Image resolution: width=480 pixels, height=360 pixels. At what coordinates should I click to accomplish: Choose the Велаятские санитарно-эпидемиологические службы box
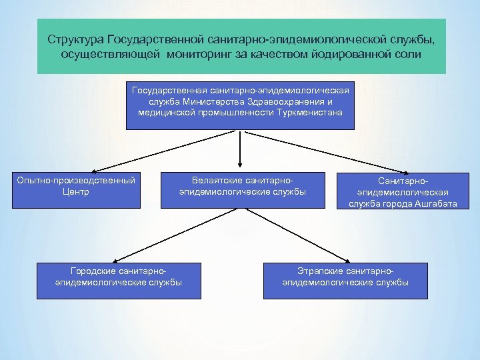pyautogui.click(x=242, y=190)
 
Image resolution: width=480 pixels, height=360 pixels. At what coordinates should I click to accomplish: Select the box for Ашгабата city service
pyautogui.click(x=402, y=192)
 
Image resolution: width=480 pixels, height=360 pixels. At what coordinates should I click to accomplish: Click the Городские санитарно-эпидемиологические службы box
pyautogui.click(x=119, y=281)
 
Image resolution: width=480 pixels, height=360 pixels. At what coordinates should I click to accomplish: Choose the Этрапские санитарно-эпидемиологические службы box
pyautogui.click(x=345, y=281)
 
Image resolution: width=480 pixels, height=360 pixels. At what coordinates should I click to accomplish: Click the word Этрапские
pyautogui.click(x=319, y=271)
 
